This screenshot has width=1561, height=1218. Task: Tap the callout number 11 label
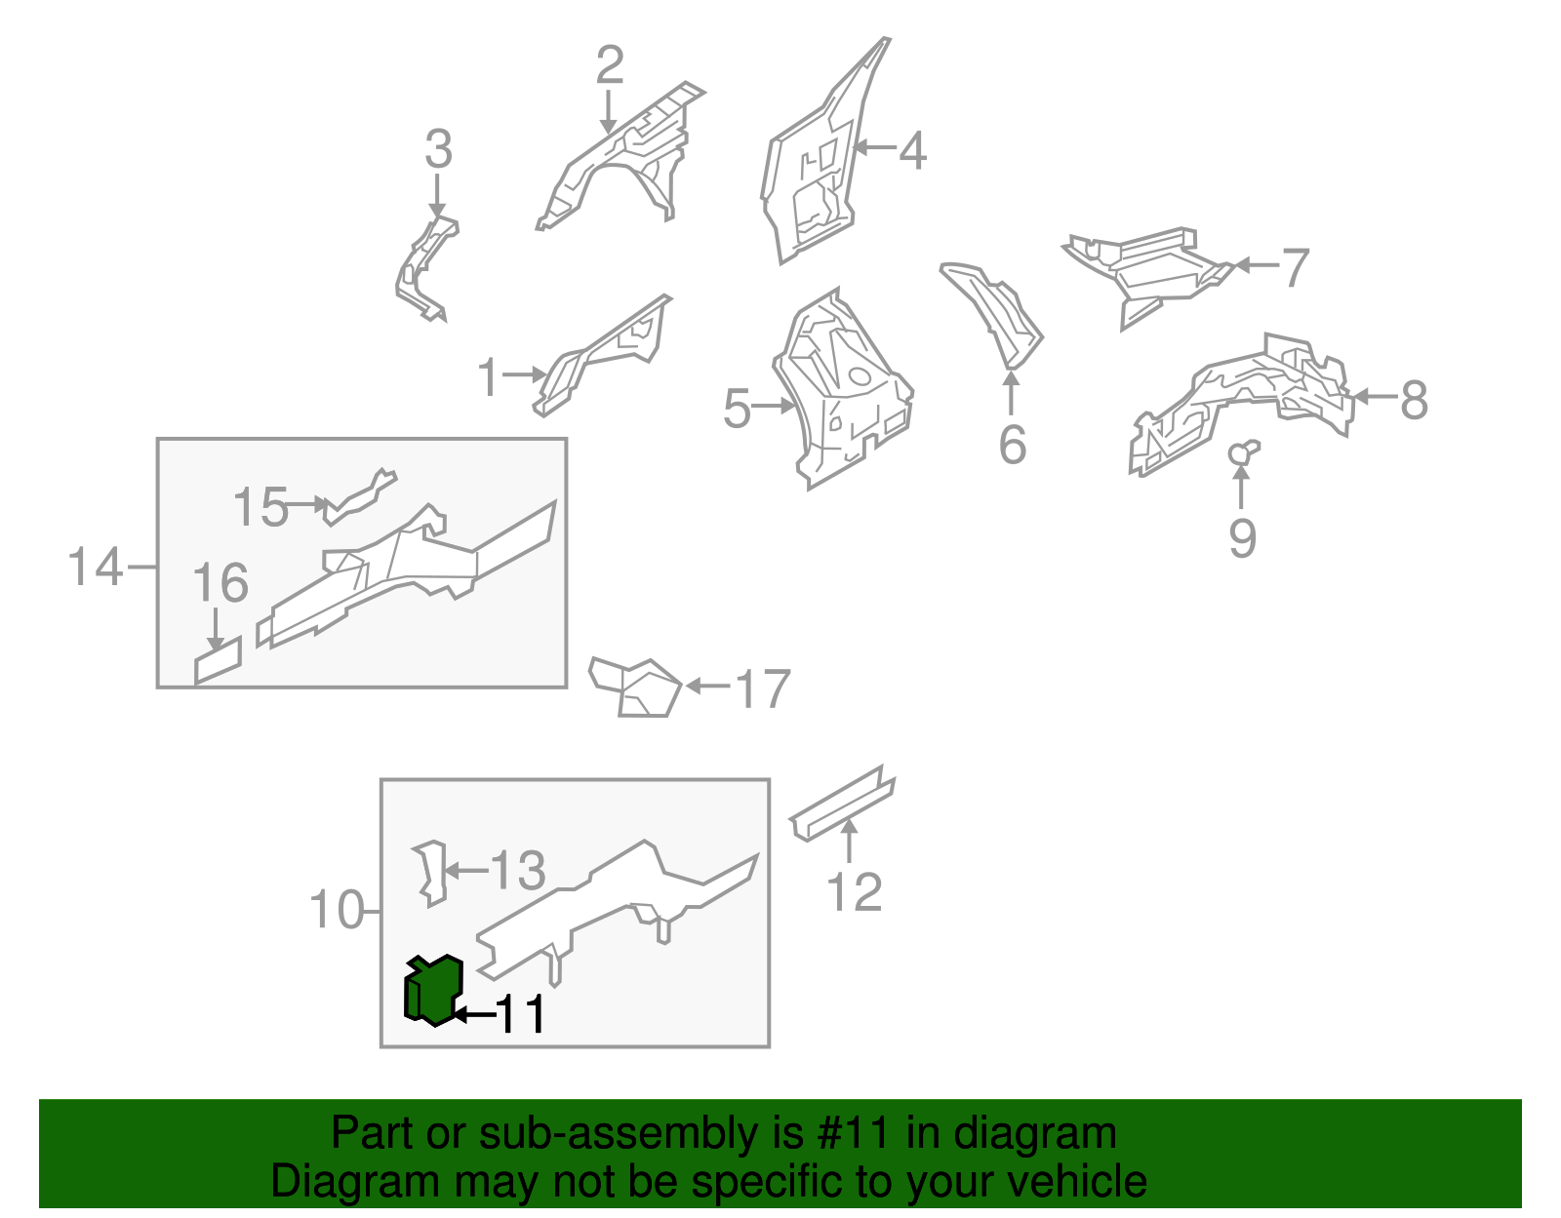(521, 1014)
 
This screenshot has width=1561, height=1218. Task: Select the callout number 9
(1242, 537)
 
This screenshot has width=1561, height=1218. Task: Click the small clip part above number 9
(1243, 452)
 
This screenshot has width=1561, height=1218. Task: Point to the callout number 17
(764, 688)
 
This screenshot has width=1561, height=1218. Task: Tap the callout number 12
(854, 892)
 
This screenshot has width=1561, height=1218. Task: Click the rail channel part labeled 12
(843, 803)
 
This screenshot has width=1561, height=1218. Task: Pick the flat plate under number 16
(218, 660)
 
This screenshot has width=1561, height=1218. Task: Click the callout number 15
(260, 507)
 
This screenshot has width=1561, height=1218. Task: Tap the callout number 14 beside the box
(95, 567)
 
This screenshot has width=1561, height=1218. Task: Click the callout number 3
(438, 149)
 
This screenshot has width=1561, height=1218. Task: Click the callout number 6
(1012, 445)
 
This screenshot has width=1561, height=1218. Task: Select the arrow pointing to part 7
(1256, 265)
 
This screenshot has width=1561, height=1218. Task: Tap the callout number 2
(610, 65)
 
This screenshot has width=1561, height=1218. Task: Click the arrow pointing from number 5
(773, 407)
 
